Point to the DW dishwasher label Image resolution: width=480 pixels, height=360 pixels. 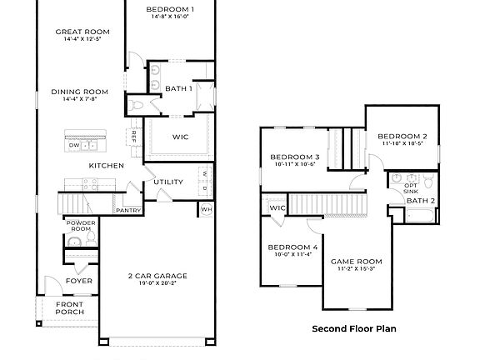74,145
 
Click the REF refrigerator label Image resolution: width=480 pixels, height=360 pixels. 132,136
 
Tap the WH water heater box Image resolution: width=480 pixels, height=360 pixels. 206,208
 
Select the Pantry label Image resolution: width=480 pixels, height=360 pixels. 128,211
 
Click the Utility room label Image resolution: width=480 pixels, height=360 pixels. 167,182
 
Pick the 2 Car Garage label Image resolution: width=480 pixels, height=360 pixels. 157,275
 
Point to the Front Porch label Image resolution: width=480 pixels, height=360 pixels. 69,308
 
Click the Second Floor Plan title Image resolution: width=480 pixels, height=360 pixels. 354,328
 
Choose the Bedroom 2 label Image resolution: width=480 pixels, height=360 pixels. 402,136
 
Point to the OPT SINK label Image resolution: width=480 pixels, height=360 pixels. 411,187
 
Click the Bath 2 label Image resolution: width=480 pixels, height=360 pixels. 421,201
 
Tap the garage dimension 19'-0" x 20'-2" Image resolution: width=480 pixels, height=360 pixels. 157,283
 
